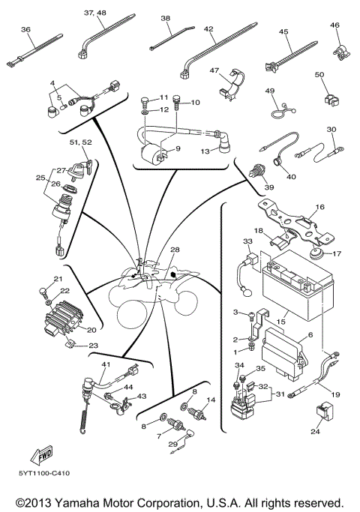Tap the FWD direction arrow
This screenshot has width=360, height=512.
(40, 454)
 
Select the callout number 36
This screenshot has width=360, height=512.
(25, 29)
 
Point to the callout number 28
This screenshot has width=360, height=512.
(175, 250)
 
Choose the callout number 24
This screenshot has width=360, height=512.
(314, 433)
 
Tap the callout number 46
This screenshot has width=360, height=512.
(334, 25)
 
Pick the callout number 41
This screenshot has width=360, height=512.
(106, 364)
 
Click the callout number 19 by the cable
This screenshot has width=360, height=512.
(335, 394)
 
